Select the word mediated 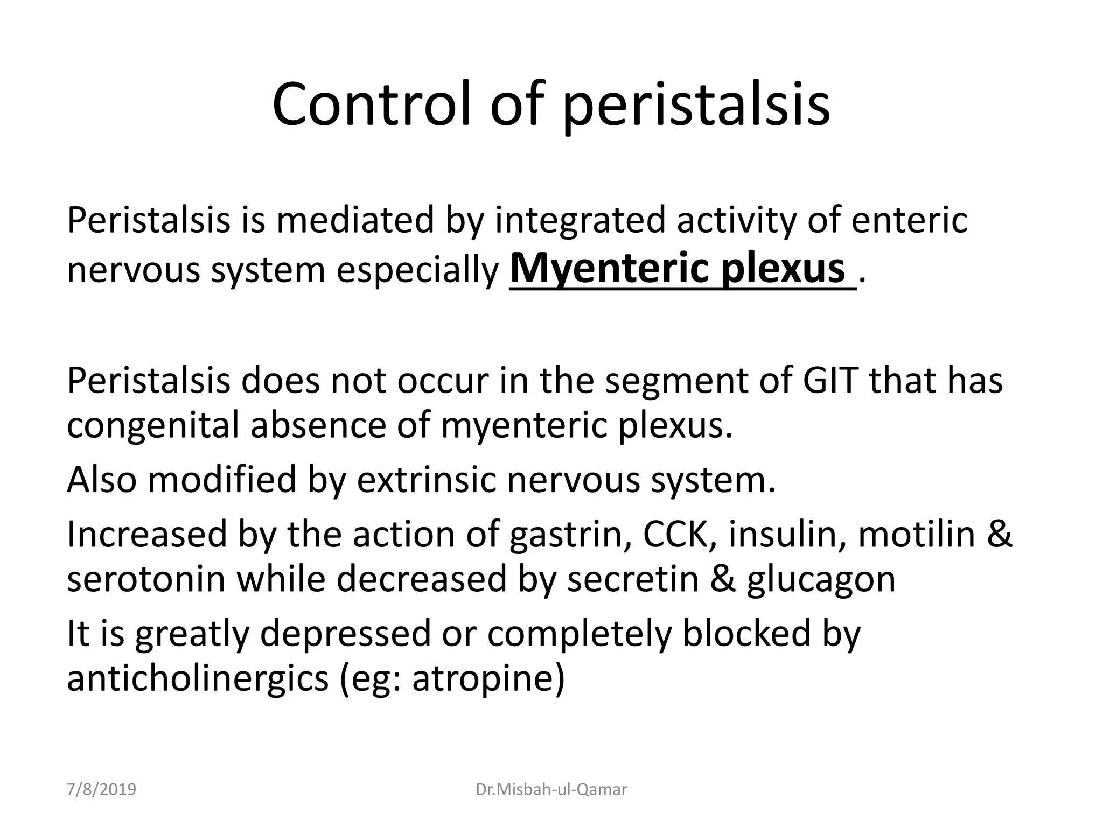[x=355, y=220]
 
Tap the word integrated [x=580, y=220]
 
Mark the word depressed [x=345, y=634]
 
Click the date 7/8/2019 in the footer [x=101, y=790]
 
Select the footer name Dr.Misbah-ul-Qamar [x=551, y=790]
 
